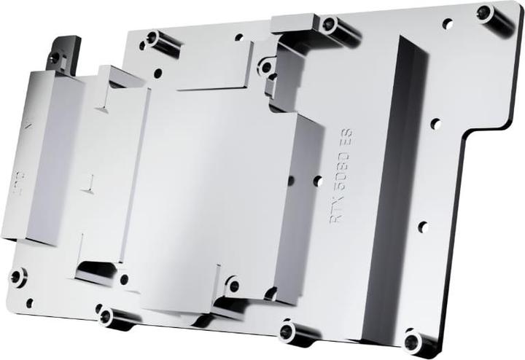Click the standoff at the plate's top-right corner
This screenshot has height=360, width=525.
(486, 12)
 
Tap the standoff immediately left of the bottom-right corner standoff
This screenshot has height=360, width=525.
(288, 332)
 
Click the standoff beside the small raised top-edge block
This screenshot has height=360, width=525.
(330, 26)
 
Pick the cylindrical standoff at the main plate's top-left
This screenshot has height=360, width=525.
(153, 38)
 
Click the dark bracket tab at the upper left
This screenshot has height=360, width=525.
(61, 52)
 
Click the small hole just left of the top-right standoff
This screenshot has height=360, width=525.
(448, 23)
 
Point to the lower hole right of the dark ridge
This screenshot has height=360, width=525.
(421, 227)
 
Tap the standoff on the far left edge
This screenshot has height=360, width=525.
(17, 276)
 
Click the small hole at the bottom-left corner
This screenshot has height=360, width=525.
(29, 302)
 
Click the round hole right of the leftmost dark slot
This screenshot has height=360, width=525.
(124, 278)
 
